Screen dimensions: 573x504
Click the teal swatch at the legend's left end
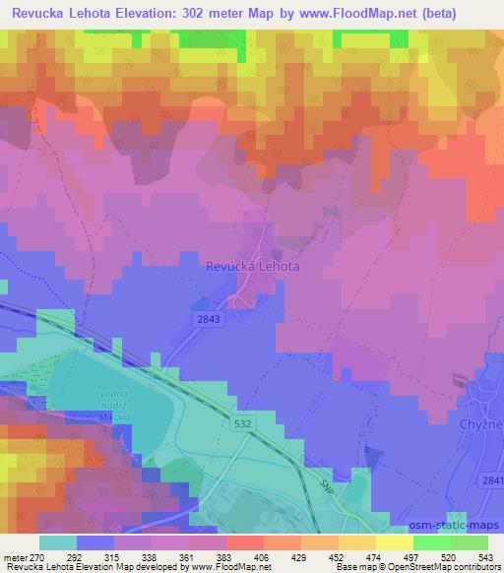click(x=58, y=542)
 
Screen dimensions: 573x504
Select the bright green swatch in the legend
click(x=431, y=542)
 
